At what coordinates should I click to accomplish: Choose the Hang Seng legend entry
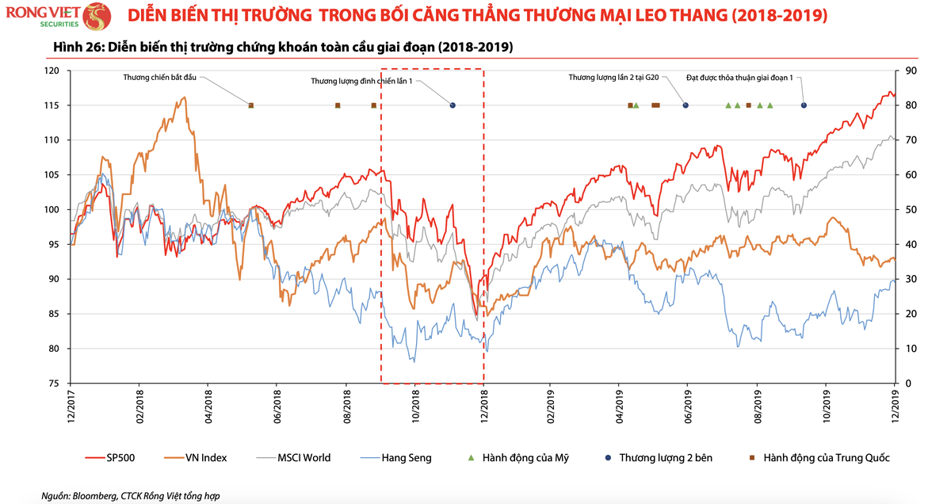pos(406,458)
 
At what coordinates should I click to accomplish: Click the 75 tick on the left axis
pos(54,384)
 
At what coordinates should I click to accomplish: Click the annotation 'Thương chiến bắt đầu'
pos(159,78)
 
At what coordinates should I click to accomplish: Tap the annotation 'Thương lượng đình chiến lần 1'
pos(361,81)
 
